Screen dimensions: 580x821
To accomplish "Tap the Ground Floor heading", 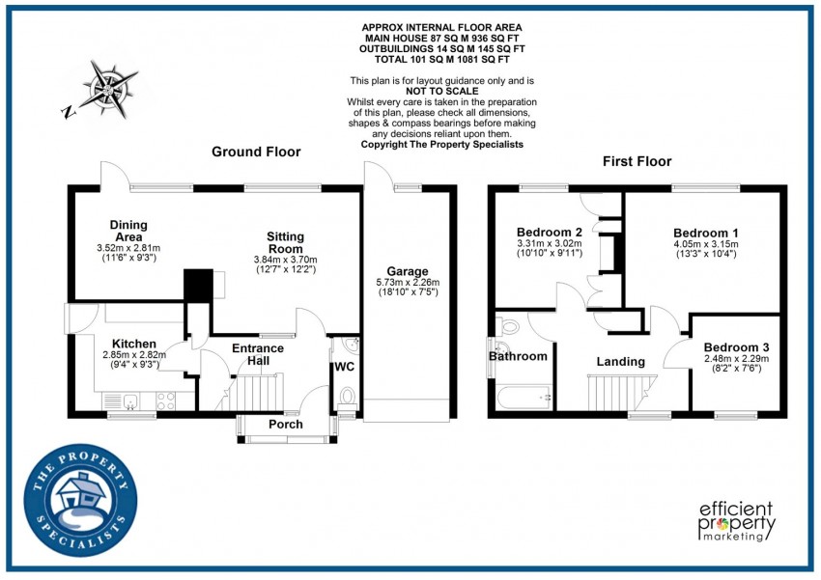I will (256, 152).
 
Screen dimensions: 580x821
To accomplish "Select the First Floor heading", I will (637, 161).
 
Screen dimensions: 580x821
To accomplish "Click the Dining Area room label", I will (128, 231).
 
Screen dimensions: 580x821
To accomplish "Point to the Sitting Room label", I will (286, 242).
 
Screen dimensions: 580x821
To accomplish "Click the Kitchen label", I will (133, 343).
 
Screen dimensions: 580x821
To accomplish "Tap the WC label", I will (345, 368).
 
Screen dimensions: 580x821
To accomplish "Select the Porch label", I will (286, 425).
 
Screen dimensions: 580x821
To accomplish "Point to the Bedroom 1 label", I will (706, 233).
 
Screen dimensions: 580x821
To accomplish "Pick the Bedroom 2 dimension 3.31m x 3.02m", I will (548, 245).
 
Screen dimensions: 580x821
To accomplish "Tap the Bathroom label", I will (518, 356).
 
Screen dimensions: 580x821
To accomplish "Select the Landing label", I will (620, 362).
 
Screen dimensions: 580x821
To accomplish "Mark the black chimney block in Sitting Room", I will (198, 286).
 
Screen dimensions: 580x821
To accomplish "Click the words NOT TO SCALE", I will (441, 92).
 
